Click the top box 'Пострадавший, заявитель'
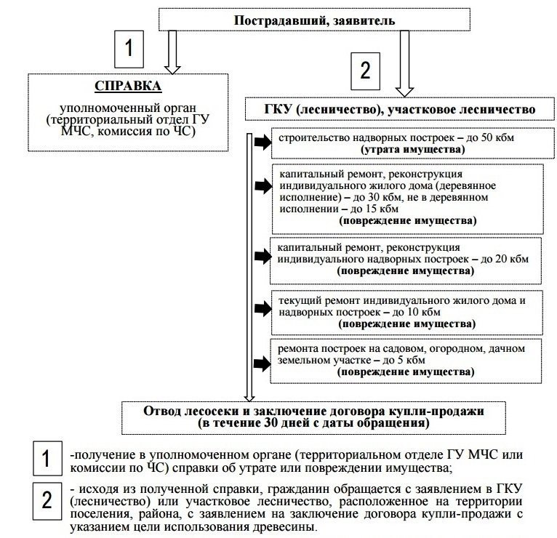click(314, 20)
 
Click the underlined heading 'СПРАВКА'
click(127, 85)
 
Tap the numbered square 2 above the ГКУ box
click(366, 71)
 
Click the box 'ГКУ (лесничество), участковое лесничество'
click(400, 109)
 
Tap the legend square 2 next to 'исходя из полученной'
click(46, 500)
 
